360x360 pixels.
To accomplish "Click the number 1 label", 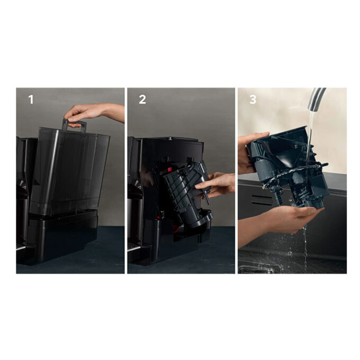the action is click(31, 100).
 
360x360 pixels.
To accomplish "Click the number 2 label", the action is click(142, 100).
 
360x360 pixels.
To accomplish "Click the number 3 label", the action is click(253, 100).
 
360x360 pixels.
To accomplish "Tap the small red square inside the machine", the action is click(170, 169).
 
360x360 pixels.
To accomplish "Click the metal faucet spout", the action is click(317, 98).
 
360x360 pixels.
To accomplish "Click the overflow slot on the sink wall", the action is click(262, 199).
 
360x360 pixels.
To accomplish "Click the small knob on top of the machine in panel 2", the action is click(170, 138).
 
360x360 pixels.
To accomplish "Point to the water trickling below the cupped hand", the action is click(305, 246).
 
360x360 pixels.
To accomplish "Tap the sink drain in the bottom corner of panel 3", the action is click(255, 269).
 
